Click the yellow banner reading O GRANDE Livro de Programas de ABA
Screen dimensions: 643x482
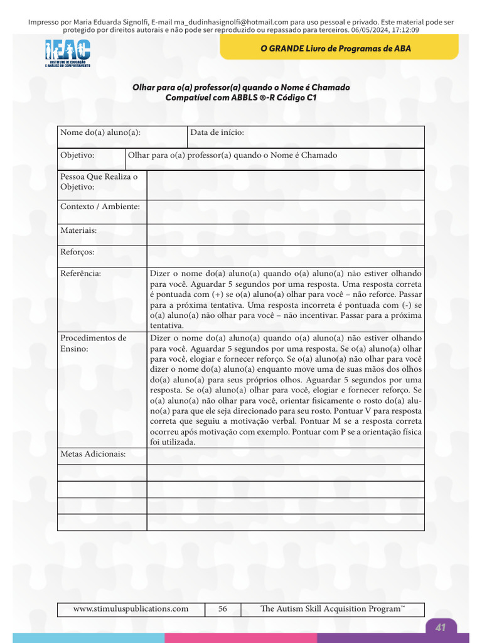pos(339,48)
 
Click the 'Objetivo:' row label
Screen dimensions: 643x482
pos(77,155)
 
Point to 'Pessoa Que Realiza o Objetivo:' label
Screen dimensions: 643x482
pos(99,181)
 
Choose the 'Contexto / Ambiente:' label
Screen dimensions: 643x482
pos(100,207)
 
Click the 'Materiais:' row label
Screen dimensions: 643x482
pos(78,230)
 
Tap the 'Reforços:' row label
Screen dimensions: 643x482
pos(77,252)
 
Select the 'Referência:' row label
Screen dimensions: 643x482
pos(80,273)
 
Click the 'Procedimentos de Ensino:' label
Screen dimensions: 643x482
pos(93,343)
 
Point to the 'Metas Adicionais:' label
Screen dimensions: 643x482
pos(93,453)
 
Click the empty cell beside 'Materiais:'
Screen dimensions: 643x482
pos(286,234)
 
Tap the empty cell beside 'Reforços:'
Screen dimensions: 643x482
pos(286,256)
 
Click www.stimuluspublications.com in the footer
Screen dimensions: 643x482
pos(131,608)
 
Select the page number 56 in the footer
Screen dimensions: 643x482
pos(223,608)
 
